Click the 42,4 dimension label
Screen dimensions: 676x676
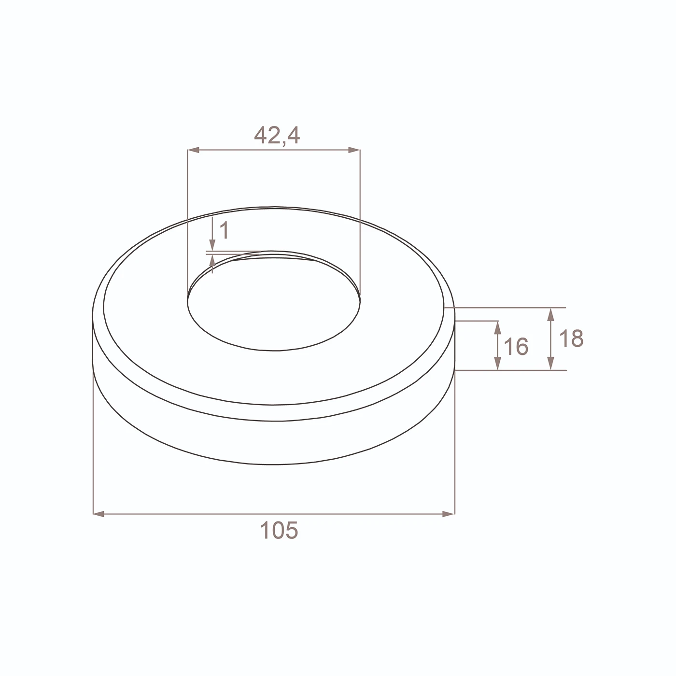277,136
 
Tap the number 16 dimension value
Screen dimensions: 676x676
516,347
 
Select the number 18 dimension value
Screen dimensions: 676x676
571,338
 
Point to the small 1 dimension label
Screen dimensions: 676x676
224,230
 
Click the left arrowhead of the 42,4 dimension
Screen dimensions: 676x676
193,150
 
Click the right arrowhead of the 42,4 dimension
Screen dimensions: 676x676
354,150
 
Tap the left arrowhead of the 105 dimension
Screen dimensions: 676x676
99,514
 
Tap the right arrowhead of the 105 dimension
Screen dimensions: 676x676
448,514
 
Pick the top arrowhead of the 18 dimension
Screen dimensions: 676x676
551,314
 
